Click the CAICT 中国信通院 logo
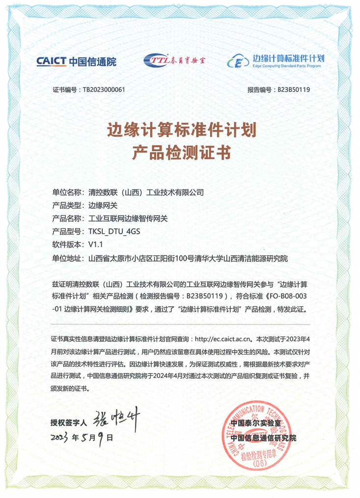76,61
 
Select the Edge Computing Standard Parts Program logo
275,60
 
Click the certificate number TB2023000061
104,90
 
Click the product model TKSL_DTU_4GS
114,231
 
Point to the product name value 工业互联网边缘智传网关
129,219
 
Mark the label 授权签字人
68,422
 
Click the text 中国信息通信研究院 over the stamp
263,438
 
